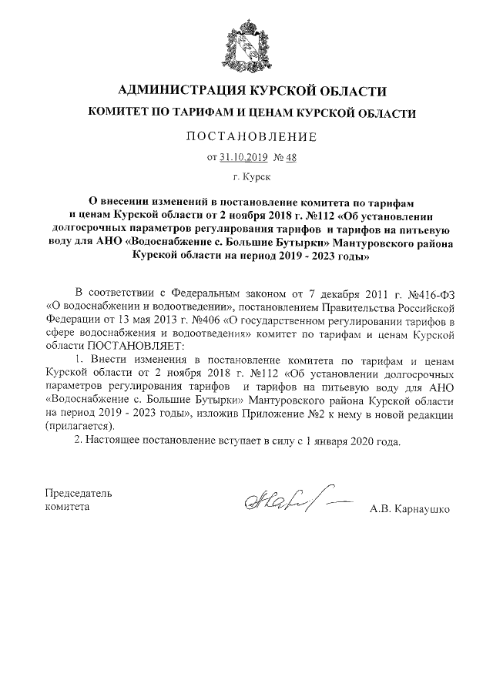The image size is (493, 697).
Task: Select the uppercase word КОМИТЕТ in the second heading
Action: [x=119, y=113]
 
